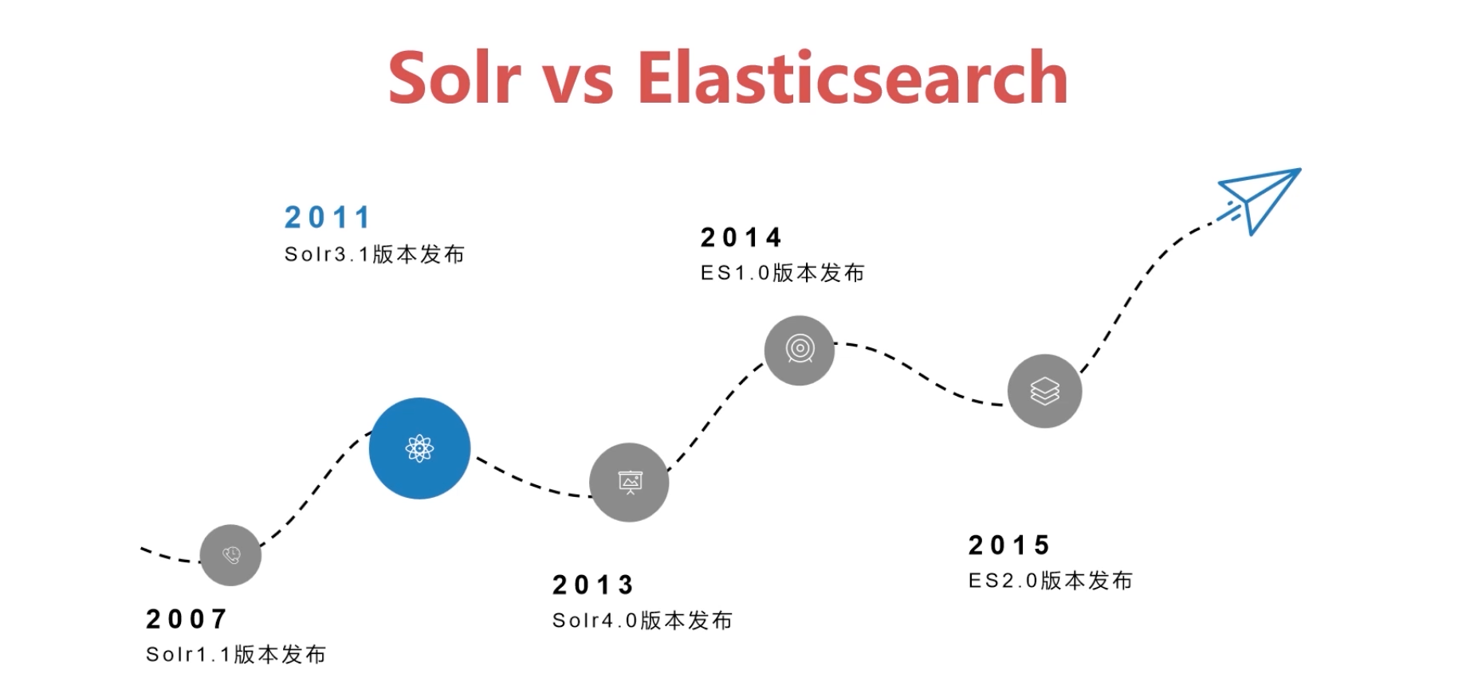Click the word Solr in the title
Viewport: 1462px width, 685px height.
pyautogui.click(x=454, y=77)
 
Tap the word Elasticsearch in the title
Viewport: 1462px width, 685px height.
pyautogui.click(x=852, y=77)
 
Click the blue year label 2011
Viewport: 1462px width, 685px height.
pyautogui.click(x=328, y=217)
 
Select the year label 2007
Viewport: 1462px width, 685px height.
pyautogui.click(x=187, y=619)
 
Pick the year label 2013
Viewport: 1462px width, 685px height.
pyautogui.click(x=593, y=585)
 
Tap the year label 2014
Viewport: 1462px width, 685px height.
pyautogui.click(x=741, y=237)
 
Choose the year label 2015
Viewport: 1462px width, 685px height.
pyautogui.click(x=1009, y=546)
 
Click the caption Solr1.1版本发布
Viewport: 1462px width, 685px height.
pyautogui.click(x=236, y=655)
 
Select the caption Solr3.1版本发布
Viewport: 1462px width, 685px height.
pyautogui.click(x=375, y=254)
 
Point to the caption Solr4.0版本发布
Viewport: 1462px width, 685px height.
pyautogui.click(x=643, y=620)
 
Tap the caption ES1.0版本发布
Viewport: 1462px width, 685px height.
pyautogui.click(x=783, y=273)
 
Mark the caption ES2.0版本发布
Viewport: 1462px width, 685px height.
pyautogui.click(x=1051, y=581)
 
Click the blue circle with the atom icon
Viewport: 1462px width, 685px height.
pyautogui.click(x=419, y=448)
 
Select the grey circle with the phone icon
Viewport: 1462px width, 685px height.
pyautogui.click(x=230, y=555)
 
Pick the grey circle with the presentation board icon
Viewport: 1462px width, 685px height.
pyautogui.click(x=629, y=483)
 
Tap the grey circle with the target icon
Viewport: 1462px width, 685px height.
pyautogui.click(x=800, y=350)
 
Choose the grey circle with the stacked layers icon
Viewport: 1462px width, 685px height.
pyautogui.click(x=1045, y=391)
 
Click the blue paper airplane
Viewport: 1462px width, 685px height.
pyautogui.click(x=1260, y=201)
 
